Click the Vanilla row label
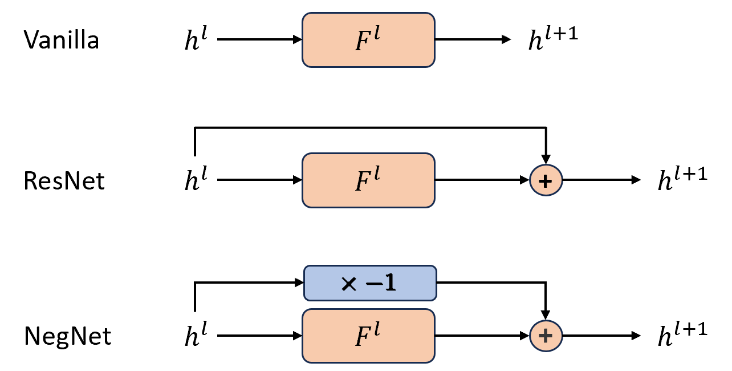click(x=61, y=41)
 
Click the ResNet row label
click(x=64, y=181)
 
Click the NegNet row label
click(x=67, y=336)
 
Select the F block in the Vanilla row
click(x=368, y=40)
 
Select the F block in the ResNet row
click(x=368, y=180)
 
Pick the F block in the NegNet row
click(x=368, y=336)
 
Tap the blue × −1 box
click(x=369, y=283)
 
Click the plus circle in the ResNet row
click(x=546, y=180)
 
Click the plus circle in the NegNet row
click(x=546, y=336)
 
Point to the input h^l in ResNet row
click(x=195, y=181)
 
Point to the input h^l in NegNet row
click(x=195, y=336)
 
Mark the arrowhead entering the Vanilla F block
click(x=297, y=40)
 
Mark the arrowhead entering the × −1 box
click(x=298, y=282)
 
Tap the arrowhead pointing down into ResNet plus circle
click(x=546, y=159)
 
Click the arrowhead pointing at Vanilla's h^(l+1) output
click(x=506, y=40)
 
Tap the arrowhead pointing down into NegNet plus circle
click(x=546, y=314)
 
